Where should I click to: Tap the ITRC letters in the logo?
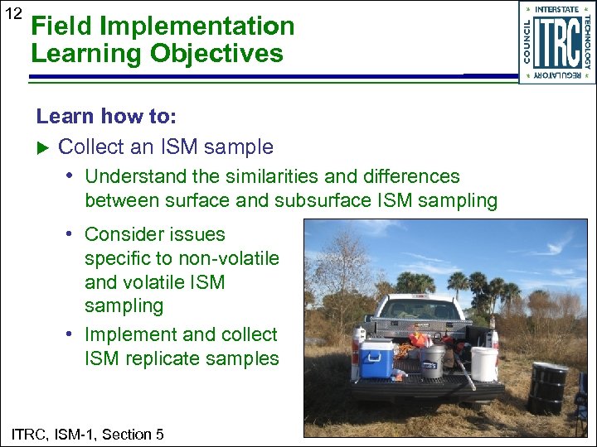point(556,41)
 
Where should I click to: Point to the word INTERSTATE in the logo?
point(556,9)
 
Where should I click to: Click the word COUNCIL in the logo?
point(528,41)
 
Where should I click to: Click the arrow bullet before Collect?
point(45,147)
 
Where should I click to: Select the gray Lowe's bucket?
point(433,362)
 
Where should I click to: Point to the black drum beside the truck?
point(547,387)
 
